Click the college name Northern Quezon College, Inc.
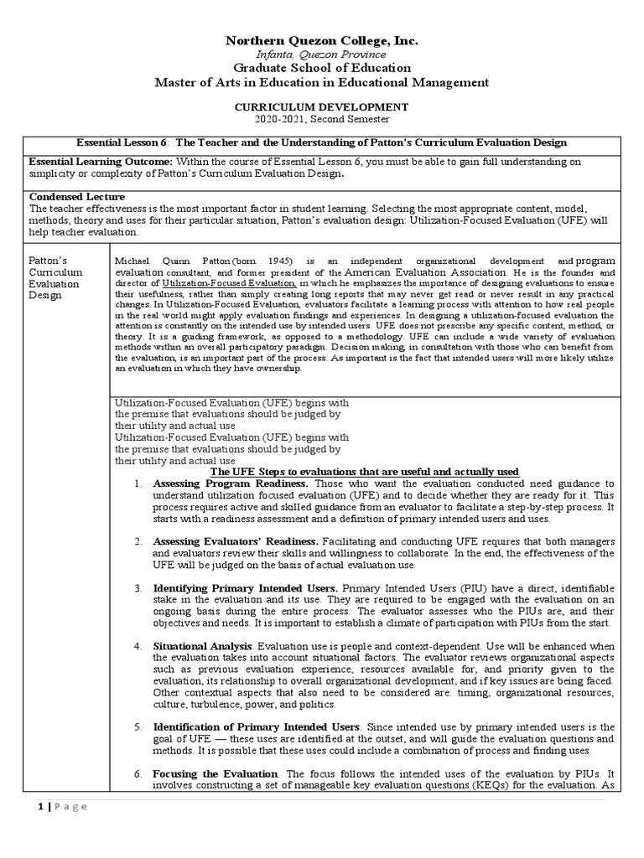pos(322,40)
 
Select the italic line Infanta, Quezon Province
pos(322,54)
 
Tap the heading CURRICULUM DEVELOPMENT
pos(322,107)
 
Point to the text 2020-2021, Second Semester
pos(322,120)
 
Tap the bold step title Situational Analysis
pos(202,647)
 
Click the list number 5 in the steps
pos(138,726)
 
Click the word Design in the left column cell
pos(46,296)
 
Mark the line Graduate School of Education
pos(322,68)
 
